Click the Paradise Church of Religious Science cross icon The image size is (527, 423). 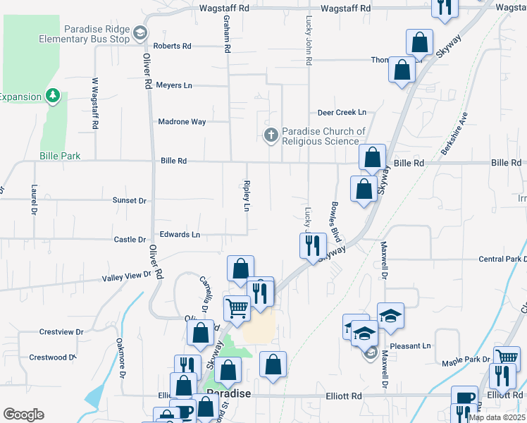(271, 135)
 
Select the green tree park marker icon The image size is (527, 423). (52, 95)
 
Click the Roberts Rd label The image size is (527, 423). (173, 46)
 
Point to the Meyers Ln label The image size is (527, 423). (174, 85)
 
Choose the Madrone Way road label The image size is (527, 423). (182, 122)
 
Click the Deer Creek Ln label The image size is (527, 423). (342, 112)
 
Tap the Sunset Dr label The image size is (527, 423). (130, 201)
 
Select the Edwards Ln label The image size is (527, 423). (180, 234)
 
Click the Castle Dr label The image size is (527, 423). (130, 240)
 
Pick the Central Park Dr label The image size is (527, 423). (500, 259)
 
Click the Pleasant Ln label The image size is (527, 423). (411, 346)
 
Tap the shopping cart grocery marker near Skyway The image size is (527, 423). (237, 308)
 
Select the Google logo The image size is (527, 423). (23, 415)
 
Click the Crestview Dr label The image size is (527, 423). (61, 331)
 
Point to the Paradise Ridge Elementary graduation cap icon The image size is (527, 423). (140, 33)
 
